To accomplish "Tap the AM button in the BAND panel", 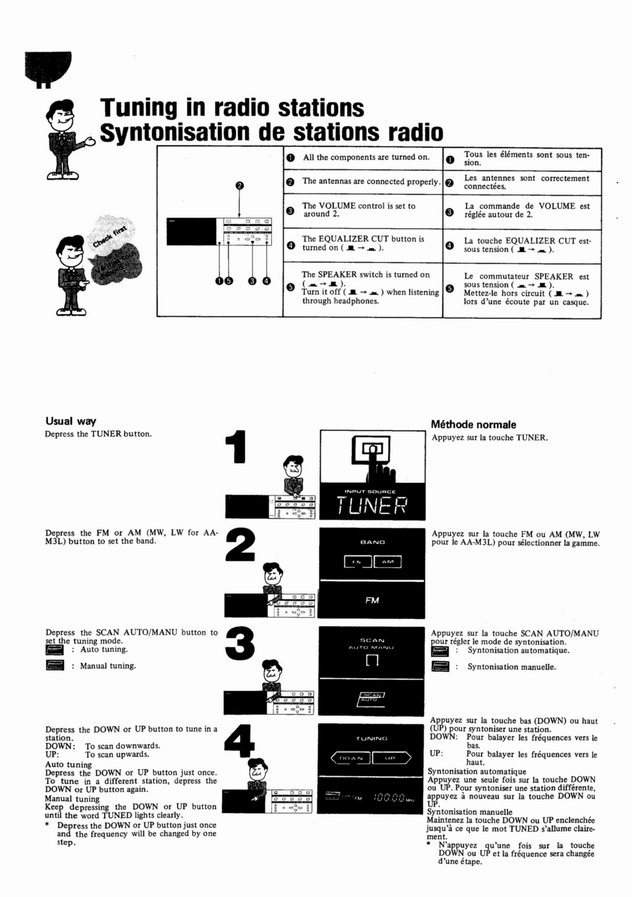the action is point(388,562).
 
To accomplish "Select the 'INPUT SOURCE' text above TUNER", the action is point(370,491).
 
